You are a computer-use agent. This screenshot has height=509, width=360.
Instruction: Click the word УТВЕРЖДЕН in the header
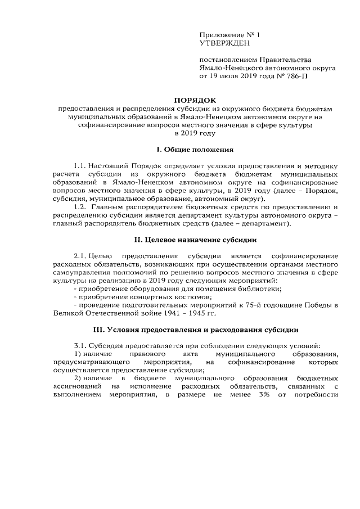[222, 43]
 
